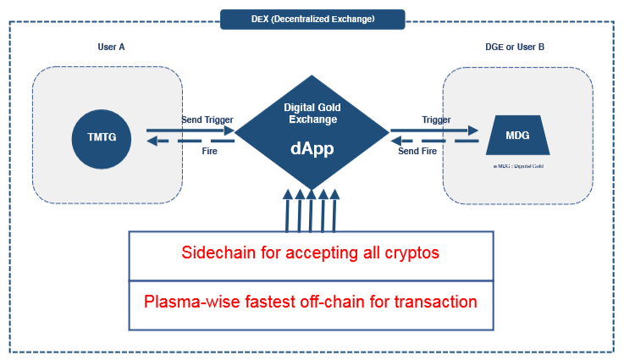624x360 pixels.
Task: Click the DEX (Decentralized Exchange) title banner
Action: pos(312,19)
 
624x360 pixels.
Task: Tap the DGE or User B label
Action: pos(516,47)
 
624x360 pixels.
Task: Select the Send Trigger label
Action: pos(207,120)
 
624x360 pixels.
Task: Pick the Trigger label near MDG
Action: pos(436,120)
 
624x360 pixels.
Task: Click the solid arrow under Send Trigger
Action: pos(191,131)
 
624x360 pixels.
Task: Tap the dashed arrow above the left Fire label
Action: pos(191,141)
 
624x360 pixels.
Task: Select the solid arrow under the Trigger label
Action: pos(433,131)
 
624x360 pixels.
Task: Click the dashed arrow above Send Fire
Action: pos(433,141)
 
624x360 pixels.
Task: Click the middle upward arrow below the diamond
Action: pos(312,211)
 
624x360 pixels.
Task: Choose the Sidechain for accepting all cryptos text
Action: pos(311,253)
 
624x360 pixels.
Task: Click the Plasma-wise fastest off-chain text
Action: pos(311,302)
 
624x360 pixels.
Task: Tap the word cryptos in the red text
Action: pos(411,253)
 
